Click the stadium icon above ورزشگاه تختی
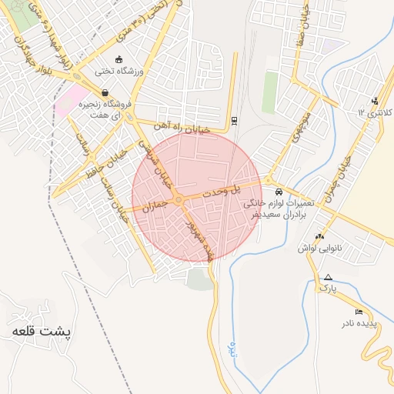click(118, 59)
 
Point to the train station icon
click(234, 120)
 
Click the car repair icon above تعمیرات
click(278, 192)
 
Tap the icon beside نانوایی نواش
click(319, 236)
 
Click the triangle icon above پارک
click(329, 277)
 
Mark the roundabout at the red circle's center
click(179, 200)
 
